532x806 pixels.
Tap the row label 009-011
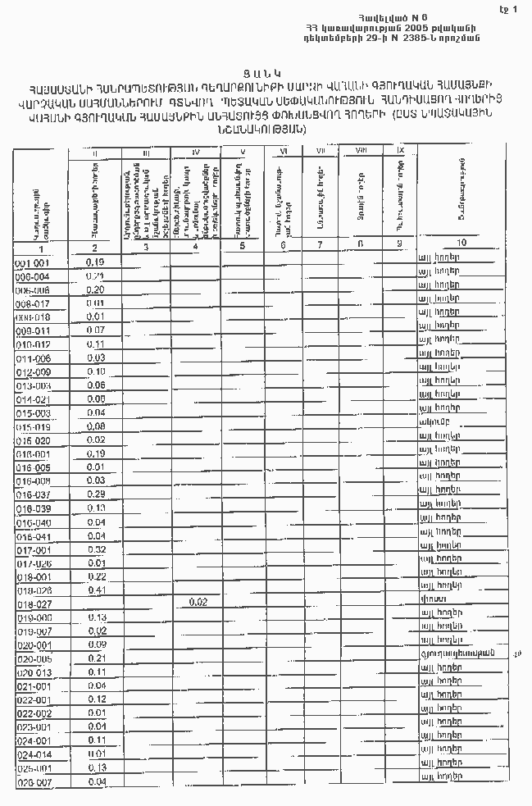(x=33, y=331)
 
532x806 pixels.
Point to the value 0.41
(x=97, y=590)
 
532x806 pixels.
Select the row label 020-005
(x=34, y=658)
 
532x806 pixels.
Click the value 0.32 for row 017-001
(x=97, y=549)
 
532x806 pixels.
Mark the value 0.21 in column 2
(x=97, y=658)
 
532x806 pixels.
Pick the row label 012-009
(x=33, y=372)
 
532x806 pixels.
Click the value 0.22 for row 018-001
(x=97, y=576)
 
